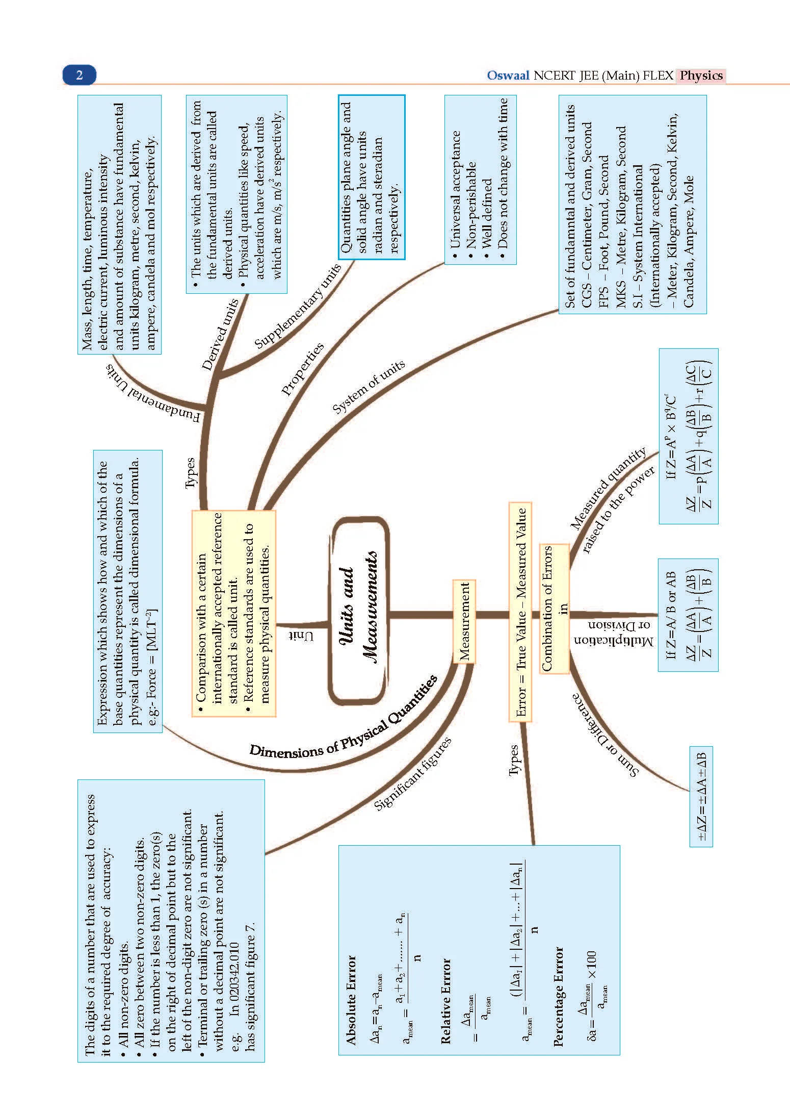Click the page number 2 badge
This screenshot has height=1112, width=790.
[79, 75]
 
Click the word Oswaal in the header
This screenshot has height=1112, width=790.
[508, 75]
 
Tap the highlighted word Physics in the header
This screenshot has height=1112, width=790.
[701, 75]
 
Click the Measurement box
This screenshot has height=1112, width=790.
[464, 621]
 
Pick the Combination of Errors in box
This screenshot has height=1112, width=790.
[554, 608]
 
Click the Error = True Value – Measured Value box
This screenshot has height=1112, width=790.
[520, 612]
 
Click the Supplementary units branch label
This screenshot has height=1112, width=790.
[298, 306]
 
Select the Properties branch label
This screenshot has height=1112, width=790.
[303, 369]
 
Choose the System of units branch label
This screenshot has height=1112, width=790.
[368, 386]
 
